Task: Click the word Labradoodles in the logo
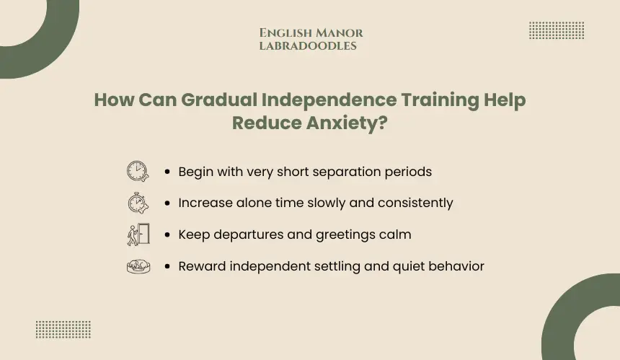click(308, 46)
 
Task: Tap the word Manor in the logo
click(340, 33)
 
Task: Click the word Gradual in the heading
click(219, 100)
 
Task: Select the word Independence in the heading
click(329, 100)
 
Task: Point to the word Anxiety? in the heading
click(347, 123)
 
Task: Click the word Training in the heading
click(440, 100)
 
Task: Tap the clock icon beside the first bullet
click(138, 171)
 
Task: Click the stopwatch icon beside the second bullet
click(138, 203)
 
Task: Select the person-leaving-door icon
click(138, 234)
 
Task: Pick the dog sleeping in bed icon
click(138, 267)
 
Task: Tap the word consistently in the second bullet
click(415, 203)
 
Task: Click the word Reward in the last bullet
click(202, 266)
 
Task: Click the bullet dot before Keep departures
click(167, 234)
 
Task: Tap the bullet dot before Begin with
click(167, 172)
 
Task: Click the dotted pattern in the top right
click(557, 30)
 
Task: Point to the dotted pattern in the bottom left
click(63, 330)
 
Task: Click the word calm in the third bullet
click(395, 234)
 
